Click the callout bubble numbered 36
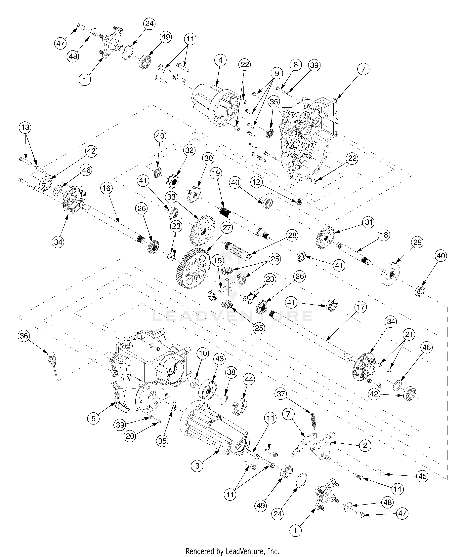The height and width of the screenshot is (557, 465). [24, 336]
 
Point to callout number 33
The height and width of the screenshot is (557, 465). [172, 197]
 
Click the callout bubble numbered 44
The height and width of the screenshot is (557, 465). [249, 380]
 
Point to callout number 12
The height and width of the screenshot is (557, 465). [256, 182]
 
